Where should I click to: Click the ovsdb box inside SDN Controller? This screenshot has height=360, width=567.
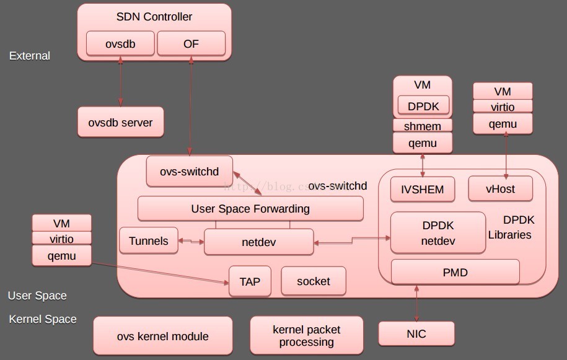coord(120,43)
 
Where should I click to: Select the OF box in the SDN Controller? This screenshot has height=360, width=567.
coord(191,43)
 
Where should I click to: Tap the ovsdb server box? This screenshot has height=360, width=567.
coord(120,122)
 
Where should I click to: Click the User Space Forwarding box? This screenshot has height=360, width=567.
coord(250,209)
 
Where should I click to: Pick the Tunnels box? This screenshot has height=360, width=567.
coord(148,241)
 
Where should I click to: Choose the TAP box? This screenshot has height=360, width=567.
coord(250,281)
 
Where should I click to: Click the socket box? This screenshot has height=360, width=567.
coord(314,281)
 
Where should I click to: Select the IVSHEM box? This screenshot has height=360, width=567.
coord(423,190)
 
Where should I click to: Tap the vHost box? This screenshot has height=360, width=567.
coord(500,189)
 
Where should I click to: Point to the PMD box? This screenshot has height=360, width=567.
coord(455,272)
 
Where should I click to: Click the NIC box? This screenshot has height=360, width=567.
coord(416,334)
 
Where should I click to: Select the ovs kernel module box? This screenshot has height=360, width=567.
coord(162,336)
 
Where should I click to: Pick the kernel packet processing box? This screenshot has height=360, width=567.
coord(307,336)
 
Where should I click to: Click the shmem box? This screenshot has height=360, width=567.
coord(423,126)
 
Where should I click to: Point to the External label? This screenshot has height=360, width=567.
coord(30,56)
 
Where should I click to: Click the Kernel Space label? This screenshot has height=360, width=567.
coord(43,319)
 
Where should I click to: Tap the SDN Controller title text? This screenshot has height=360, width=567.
coord(154,17)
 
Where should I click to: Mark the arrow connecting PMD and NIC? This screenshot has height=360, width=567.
coord(416,304)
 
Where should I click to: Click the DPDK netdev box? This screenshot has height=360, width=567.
coord(437,233)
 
